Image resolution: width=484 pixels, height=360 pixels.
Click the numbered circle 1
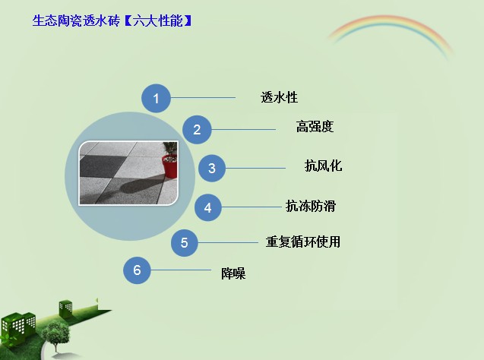click(156, 99)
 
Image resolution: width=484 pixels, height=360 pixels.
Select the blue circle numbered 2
click(197, 130)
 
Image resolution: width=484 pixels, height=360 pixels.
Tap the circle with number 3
click(212, 168)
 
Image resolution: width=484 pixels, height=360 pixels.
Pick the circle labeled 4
click(207, 207)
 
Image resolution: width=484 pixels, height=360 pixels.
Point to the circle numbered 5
click(185, 243)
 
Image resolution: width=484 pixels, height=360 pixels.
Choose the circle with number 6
click(137, 270)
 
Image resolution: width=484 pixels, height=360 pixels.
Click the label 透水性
click(279, 97)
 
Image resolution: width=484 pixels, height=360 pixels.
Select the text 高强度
click(315, 127)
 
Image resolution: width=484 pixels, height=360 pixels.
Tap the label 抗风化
click(323, 166)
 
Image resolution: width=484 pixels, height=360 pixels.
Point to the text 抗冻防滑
click(311, 206)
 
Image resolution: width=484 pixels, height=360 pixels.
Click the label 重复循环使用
click(303, 242)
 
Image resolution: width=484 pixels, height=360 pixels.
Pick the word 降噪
click(233, 273)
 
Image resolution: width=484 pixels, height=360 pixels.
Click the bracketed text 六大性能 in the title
click(158, 21)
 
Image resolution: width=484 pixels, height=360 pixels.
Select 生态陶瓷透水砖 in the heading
click(76, 21)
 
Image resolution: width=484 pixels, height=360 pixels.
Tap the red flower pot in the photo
click(170, 166)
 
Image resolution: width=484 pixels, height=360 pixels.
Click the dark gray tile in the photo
click(103, 166)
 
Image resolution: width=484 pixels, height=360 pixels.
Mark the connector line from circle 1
click(203, 98)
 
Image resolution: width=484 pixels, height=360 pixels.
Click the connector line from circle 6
click(181, 270)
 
